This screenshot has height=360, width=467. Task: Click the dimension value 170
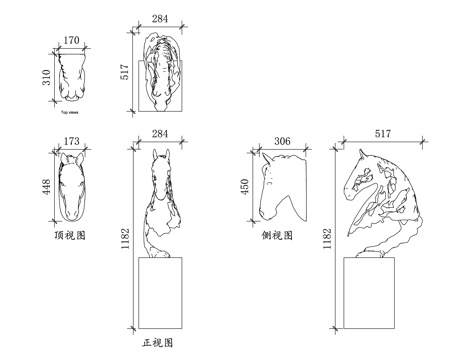tap(70, 42)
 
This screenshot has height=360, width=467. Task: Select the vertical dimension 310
tap(45, 77)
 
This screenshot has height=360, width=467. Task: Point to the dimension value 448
tap(45, 188)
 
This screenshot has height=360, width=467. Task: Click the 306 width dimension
tap(282, 142)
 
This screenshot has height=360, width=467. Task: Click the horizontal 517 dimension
tap(382, 133)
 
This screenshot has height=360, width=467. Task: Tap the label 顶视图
tap(70, 236)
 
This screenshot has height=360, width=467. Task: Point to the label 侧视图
tap(276, 236)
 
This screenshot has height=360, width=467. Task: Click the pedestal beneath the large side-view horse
tap(371, 292)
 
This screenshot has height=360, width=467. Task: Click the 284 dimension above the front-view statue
tap(160, 134)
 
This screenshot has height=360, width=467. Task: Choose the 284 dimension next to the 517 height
tap(160, 18)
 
